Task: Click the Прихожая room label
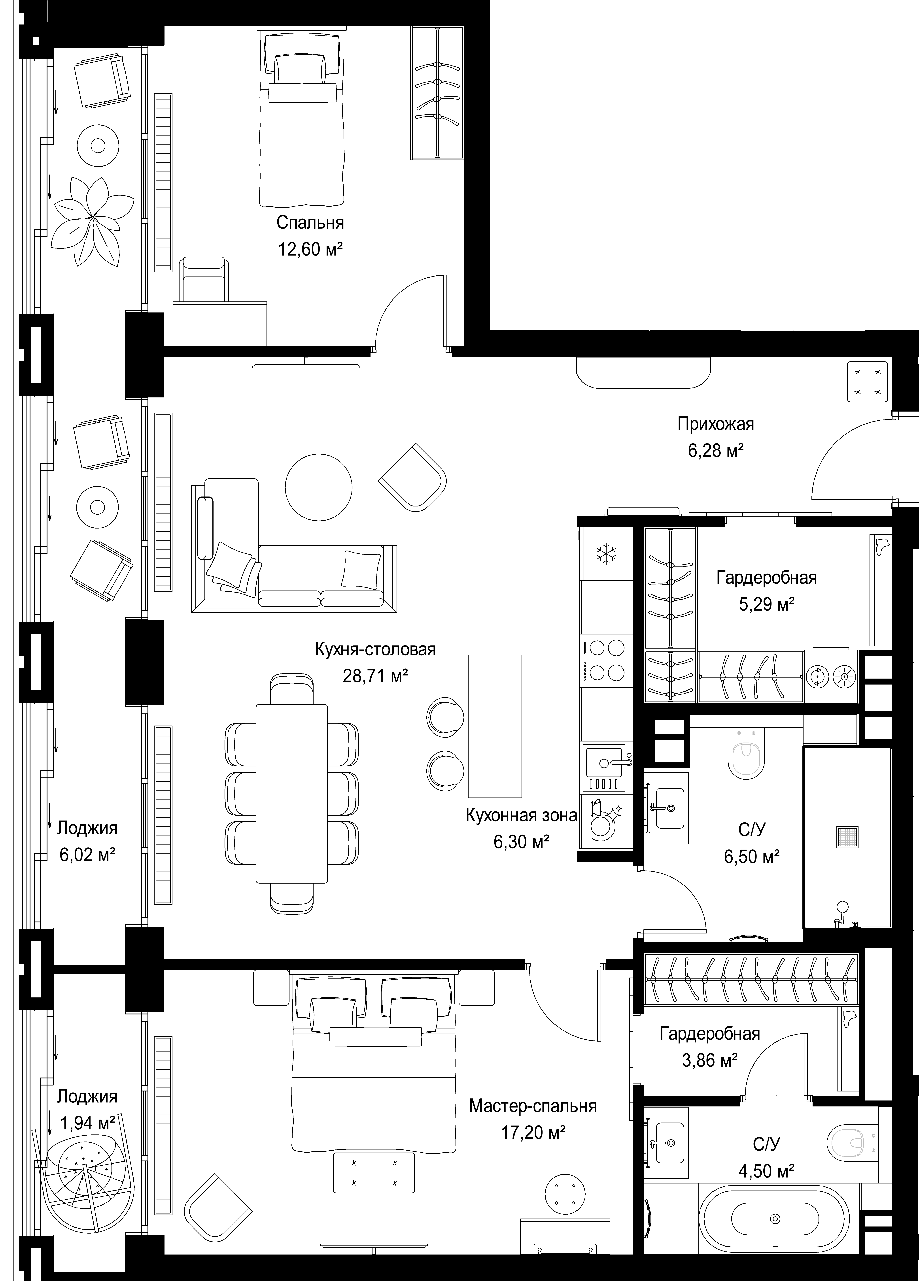point(716,424)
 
